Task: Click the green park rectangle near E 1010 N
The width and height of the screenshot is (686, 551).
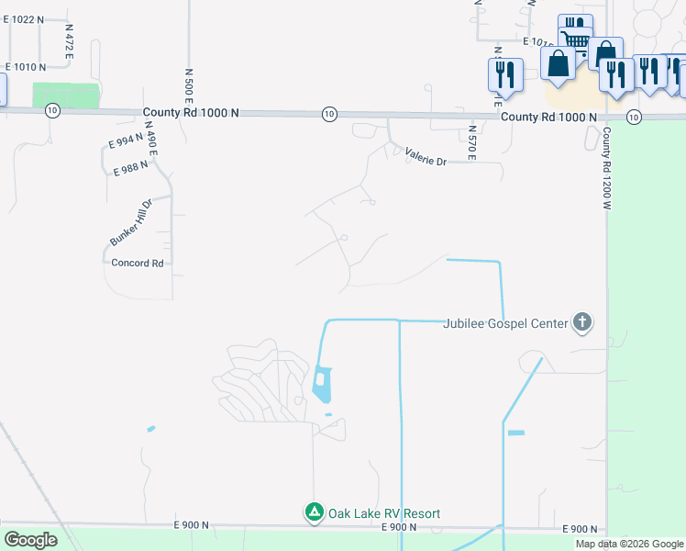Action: point(65,96)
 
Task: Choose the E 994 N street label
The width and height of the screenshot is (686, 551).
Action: point(127,141)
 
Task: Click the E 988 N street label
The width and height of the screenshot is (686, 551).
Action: point(131,171)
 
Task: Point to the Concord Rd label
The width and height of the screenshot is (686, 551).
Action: point(137,263)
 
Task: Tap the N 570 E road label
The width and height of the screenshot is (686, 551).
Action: point(471,142)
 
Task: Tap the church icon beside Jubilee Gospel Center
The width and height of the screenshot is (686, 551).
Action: point(581,322)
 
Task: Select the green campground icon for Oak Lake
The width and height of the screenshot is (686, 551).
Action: point(314,512)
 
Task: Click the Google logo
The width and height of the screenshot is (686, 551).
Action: point(30,540)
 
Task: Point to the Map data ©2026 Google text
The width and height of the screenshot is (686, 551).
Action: point(630,544)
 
